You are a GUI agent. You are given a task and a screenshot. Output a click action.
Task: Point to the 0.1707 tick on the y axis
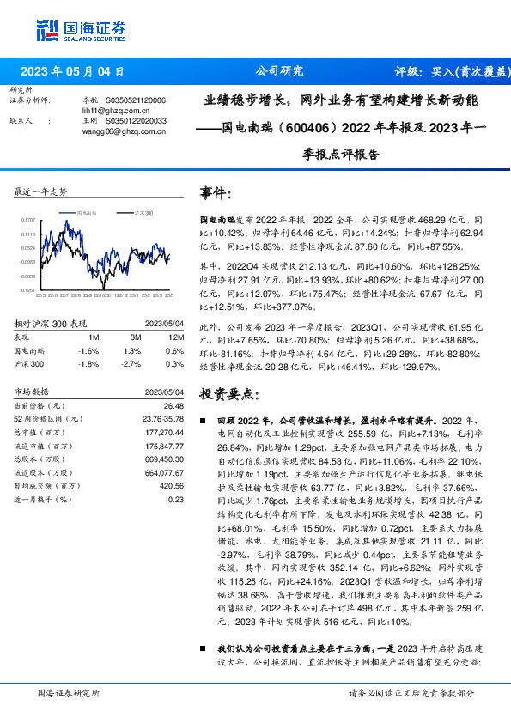(27, 219)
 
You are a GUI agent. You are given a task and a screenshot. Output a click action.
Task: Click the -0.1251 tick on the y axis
(27, 291)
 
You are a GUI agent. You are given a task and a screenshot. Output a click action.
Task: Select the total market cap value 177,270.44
(166, 432)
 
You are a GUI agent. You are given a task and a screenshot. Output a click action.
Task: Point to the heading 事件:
(216, 191)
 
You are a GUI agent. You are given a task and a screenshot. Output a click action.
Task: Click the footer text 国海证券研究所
(70, 692)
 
